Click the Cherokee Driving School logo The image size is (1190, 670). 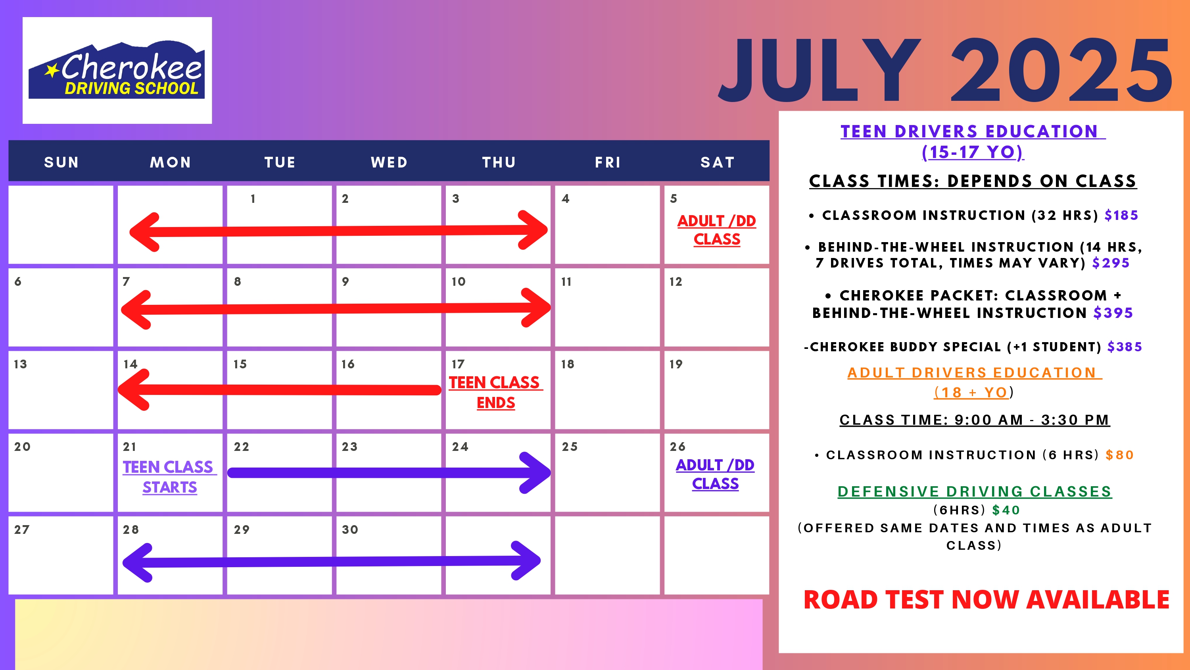(x=117, y=70)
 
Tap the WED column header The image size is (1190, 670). (x=389, y=162)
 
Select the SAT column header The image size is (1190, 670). (x=717, y=162)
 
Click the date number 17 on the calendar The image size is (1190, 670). (x=458, y=364)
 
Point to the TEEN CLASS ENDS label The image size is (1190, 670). (x=495, y=393)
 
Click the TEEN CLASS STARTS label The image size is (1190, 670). (x=169, y=477)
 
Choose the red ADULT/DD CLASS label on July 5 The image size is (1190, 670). (x=716, y=230)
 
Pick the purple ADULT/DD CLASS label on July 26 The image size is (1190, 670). (x=715, y=474)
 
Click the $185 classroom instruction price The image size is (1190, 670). (x=1121, y=215)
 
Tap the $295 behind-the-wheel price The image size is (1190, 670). (x=1111, y=263)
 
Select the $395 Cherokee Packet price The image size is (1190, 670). (x=1113, y=313)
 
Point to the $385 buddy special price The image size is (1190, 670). (x=1125, y=347)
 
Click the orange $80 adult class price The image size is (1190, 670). (x=1120, y=455)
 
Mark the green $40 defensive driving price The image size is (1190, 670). (x=1006, y=510)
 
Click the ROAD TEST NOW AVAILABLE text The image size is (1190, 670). (x=986, y=600)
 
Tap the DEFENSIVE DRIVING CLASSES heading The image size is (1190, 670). (x=975, y=491)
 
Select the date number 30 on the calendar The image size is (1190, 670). (x=350, y=529)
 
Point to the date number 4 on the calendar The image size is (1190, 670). (x=565, y=198)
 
